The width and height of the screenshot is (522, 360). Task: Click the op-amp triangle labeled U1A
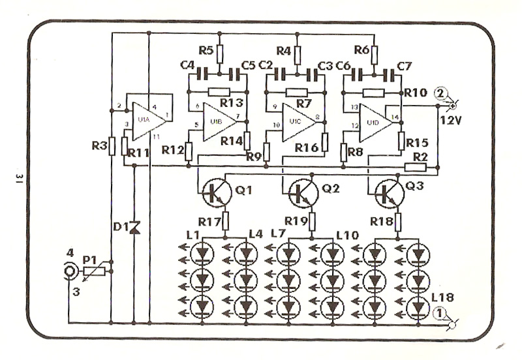point(144,121)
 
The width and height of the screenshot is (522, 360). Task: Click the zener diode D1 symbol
point(135,226)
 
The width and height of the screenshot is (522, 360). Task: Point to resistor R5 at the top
point(220,53)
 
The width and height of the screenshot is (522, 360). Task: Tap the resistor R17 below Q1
point(226,219)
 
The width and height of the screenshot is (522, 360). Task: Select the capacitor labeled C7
point(389,74)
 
